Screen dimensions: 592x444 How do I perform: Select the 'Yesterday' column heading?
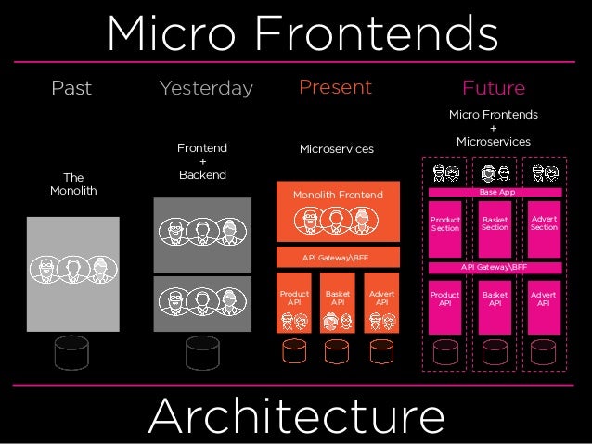(x=205, y=89)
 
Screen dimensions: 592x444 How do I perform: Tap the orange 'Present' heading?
(x=335, y=88)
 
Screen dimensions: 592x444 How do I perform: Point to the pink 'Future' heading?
(x=493, y=89)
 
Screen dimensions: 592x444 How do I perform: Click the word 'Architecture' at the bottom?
(x=296, y=416)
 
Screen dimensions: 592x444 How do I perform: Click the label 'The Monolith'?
(x=72, y=184)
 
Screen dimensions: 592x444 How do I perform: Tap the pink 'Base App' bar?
(x=495, y=191)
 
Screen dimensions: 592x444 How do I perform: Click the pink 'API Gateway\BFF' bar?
(x=495, y=267)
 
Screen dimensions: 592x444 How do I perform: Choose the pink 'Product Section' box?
(x=445, y=225)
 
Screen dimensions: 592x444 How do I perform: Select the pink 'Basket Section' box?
(x=495, y=225)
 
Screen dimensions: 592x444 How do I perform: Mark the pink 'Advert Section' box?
(x=544, y=225)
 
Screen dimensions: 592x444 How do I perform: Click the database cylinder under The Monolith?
(x=72, y=352)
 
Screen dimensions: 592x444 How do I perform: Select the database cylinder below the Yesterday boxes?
(x=202, y=352)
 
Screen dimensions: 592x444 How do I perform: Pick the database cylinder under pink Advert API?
(x=544, y=353)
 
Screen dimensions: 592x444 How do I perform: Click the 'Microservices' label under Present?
(x=336, y=148)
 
